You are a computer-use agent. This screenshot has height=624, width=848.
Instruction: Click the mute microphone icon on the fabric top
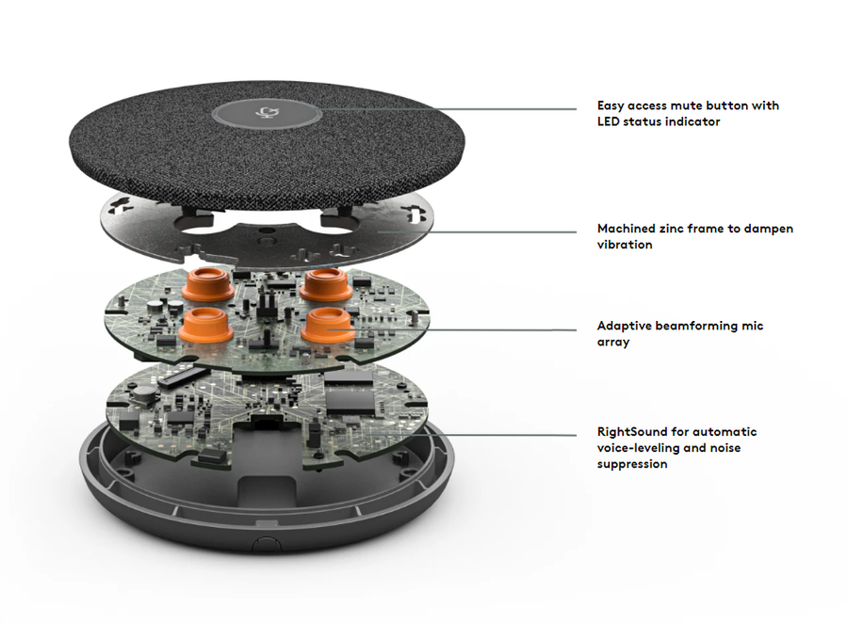266,112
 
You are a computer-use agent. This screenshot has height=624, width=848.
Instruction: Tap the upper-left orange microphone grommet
207,283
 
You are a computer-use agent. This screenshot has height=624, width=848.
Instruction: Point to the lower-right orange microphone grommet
328,326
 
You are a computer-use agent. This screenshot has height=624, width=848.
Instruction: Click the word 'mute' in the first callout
686,105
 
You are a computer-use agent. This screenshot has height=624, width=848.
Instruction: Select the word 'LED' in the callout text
609,121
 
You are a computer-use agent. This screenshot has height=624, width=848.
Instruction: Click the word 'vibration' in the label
625,245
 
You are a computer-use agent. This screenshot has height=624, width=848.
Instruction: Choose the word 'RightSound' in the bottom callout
632,432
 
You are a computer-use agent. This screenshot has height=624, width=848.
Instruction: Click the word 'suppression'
632,464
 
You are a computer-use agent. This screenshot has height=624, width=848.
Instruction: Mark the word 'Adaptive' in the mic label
624,326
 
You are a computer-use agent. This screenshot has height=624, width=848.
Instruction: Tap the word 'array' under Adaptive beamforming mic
613,343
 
